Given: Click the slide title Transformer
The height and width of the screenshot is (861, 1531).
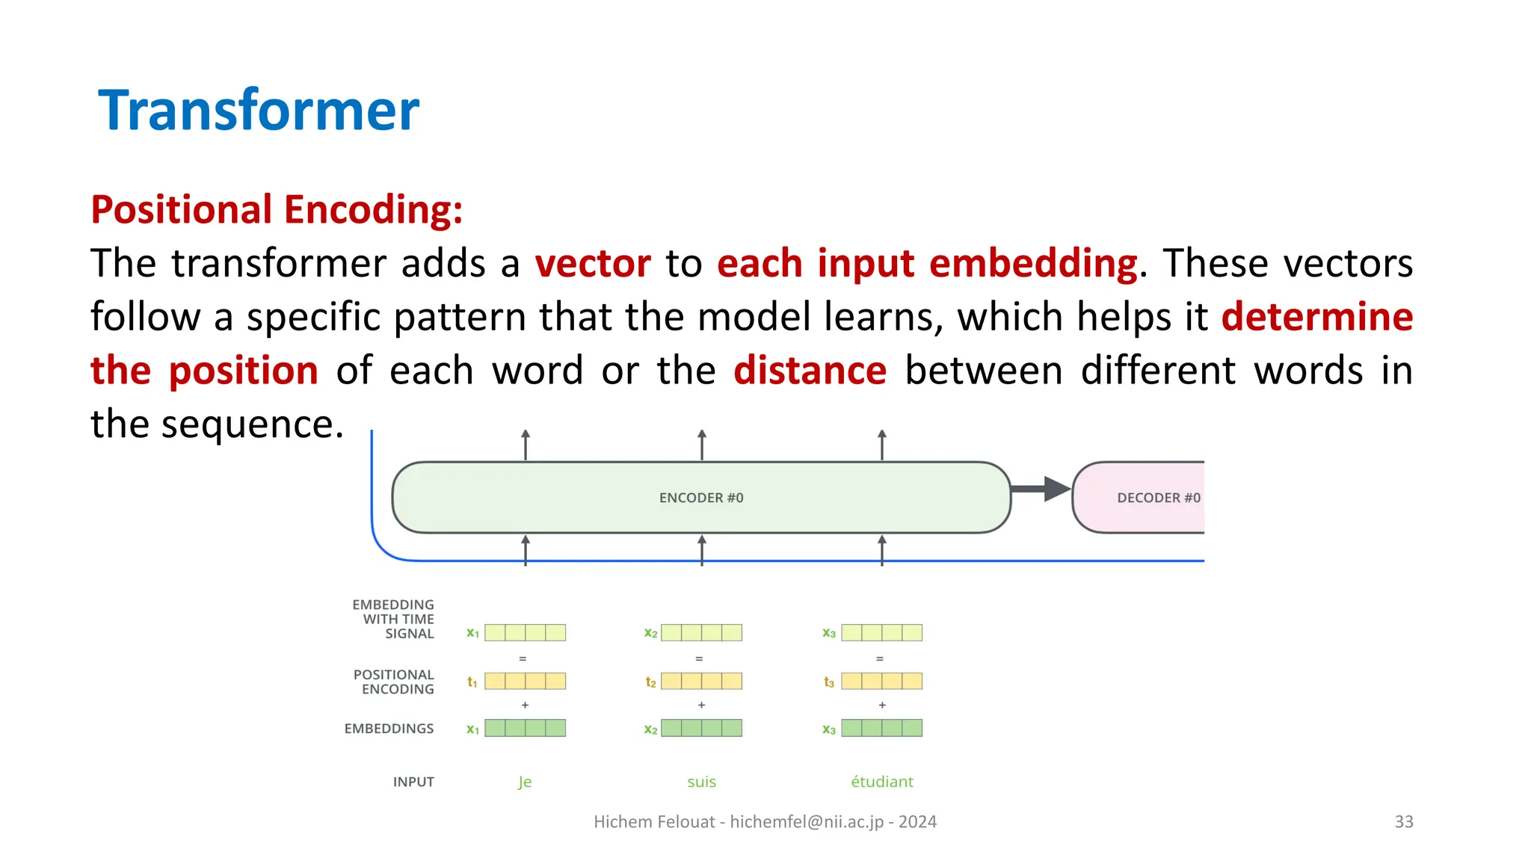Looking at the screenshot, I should [x=259, y=111].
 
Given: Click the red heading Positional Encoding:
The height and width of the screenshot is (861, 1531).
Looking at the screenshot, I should [x=277, y=209].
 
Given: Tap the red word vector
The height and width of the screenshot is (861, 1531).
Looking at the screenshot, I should [x=593, y=264].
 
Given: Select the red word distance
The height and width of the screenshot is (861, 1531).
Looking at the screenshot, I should [x=810, y=371].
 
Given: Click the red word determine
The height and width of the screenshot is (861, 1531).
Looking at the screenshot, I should [x=1316, y=317].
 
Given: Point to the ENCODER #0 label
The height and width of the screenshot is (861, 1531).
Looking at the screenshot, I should [x=700, y=498].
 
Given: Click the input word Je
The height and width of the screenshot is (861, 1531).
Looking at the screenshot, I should [x=525, y=782].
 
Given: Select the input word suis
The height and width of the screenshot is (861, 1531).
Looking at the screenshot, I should [x=701, y=782].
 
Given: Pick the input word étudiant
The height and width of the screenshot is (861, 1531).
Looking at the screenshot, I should [x=881, y=782].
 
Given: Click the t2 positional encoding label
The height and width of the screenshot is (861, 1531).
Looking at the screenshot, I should [x=650, y=682].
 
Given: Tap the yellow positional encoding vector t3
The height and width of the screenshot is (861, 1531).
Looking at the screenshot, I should [x=881, y=681].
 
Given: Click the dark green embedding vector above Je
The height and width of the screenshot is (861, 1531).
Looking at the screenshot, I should [x=525, y=728].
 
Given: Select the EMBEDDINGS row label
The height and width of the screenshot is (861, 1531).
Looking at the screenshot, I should [x=389, y=729].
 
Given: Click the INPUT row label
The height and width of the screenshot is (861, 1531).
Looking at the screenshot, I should [x=413, y=782].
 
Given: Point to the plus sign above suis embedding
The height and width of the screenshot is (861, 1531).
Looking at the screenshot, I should [x=701, y=705].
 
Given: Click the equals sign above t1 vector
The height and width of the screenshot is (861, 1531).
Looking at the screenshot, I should [x=523, y=658].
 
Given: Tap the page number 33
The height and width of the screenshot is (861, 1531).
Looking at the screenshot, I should [x=1403, y=822].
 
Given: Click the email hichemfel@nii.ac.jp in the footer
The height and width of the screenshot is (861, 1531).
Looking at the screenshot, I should [x=807, y=822].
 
